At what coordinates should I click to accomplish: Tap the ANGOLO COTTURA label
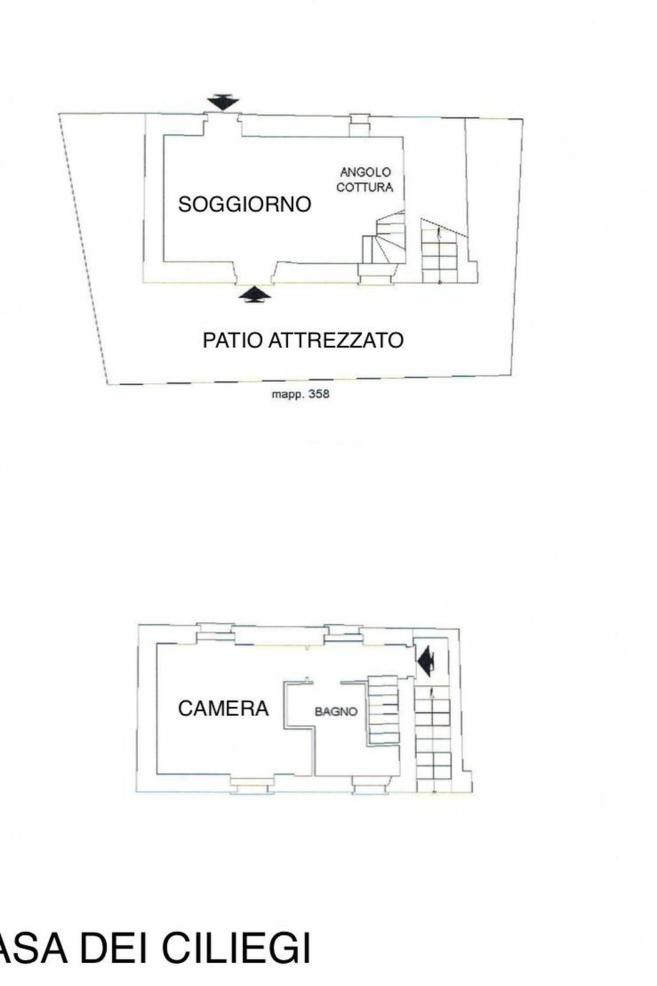365,180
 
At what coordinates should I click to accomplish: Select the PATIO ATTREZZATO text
303,341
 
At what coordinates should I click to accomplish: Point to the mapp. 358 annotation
300,394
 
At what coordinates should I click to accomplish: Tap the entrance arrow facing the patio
255,295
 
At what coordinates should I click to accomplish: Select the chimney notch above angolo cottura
361,125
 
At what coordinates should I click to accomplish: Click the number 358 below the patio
319,394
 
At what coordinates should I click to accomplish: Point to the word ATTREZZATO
336,341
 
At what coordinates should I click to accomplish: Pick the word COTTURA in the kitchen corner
365,187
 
